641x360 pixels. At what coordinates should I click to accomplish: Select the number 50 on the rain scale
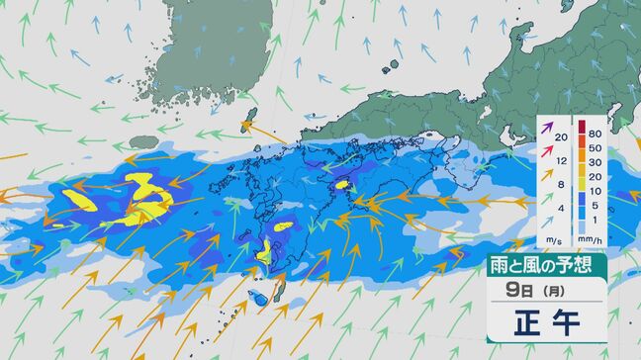point(595,147)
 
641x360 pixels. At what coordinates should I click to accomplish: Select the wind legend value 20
point(560,136)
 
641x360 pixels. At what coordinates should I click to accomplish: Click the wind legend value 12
point(560,160)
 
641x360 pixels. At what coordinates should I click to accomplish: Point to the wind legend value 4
point(560,208)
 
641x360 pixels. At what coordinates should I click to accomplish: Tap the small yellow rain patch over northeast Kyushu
point(343,183)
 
